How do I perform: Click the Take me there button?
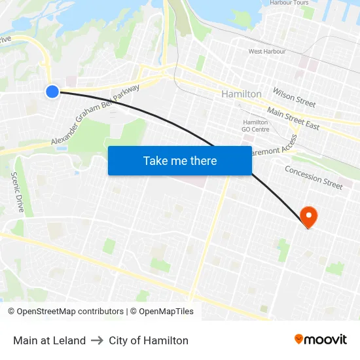pos(180,160)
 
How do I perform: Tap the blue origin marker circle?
pos(52,92)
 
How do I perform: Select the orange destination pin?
pos(308,216)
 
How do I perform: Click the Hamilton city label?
pos(242,94)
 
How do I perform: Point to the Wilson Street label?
pos(294,99)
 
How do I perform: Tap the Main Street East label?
pos(293,119)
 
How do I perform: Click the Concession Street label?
pos(314,177)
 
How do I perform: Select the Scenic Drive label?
pos(18,192)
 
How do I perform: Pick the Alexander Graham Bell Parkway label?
pos(95,115)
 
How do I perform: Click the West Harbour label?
pos(264,51)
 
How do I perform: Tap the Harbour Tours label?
pos(289,3)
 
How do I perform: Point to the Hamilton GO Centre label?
pos(255,126)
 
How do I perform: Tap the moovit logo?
pos(321,340)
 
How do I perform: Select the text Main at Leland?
pos(49,340)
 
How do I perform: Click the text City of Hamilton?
pos(149,340)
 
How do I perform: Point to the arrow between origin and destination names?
pos(97,340)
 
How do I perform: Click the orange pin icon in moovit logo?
pos(299,339)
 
